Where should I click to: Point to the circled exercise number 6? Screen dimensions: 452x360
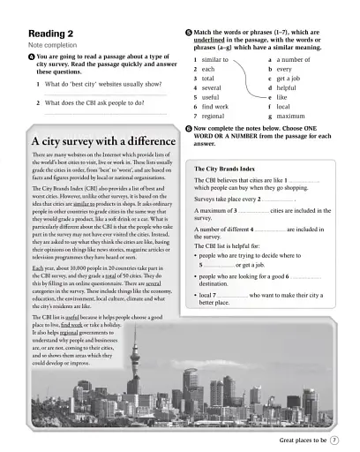tap(189, 129)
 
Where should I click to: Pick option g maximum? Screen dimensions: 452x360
tap(290, 116)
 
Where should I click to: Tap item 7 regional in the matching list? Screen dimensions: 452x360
tap(212, 116)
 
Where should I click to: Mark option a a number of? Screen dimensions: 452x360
tap(291, 58)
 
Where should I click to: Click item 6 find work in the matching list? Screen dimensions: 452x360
tap(214, 106)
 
